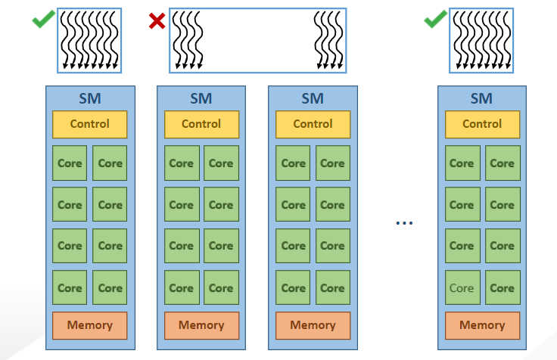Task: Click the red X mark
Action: click(x=157, y=20)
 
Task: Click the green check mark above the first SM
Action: click(x=42, y=20)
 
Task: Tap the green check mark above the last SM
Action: click(x=434, y=20)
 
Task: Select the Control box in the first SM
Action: click(x=89, y=124)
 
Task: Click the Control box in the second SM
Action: click(x=201, y=124)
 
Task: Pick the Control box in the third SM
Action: click(x=313, y=124)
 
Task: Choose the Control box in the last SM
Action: click(x=482, y=124)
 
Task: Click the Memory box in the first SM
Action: click(x=89, y=325)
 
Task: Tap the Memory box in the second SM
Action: click(x=201, y=325)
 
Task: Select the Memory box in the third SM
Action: click(x=313, y=325)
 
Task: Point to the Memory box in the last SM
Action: click(x=482, y=325)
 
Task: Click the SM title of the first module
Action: click(x=89, y=98)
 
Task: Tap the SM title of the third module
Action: click(x=313, y=98)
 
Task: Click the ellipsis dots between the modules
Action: click(x=405, y=222)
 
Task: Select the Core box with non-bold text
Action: click(x=462, y=287)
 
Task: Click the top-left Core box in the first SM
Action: click(x=70, y=163)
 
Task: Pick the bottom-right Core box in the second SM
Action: click(x=221, y=287)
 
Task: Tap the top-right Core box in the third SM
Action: click(x=332, y=163)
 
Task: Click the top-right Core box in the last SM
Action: click(x=502, y=163)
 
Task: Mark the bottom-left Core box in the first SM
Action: click(x=70, y=287)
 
